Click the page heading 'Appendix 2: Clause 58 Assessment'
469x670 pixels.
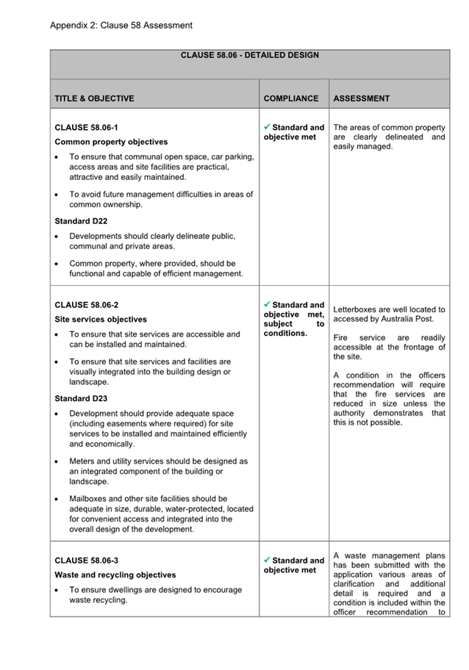point(121,26)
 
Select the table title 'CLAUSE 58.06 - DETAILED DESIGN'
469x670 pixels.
point(249,56)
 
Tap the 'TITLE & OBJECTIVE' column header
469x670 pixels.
point(94,98)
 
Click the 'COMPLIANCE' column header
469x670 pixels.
point(291,98)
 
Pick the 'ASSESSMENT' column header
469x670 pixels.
point(362,98)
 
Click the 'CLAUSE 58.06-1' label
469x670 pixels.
point(86,127)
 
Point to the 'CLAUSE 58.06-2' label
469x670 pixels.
point(86,305)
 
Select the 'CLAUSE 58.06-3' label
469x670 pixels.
point(86,561)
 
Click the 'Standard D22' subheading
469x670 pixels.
point(81,220)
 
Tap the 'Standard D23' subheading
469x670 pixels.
point(81,399)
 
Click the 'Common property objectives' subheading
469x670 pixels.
point(111,142)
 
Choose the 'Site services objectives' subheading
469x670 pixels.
point(101,320)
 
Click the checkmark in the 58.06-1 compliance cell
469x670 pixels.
point(268,127)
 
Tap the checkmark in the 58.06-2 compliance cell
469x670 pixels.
point(268,304)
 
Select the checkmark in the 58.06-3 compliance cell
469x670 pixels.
point(268,560)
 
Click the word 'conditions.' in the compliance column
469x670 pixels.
point(285,334)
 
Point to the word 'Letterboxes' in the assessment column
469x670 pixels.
point(357,309)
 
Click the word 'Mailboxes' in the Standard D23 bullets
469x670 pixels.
point(89,498)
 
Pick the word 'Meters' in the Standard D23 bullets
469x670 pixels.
point(82,461)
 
